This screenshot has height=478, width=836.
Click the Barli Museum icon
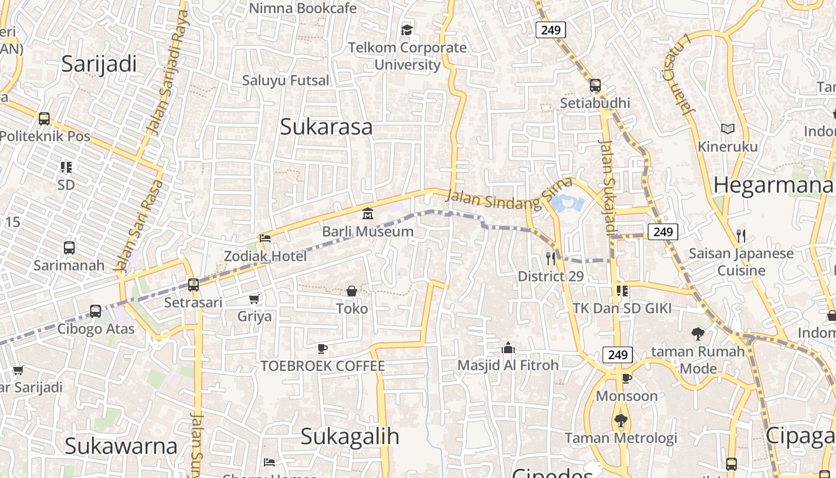point(368,214)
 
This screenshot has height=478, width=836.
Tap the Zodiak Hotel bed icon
point(265,238)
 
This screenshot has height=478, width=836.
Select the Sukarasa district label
point(326,127)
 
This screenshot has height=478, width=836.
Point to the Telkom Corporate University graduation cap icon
point(407,30)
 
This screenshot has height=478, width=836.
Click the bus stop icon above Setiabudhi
point(595,85)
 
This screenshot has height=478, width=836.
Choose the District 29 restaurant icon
point(551,259)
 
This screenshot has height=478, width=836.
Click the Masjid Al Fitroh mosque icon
point(508,348)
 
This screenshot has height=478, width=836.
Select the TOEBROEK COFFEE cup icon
point(322,348)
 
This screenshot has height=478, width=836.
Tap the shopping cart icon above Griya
point(254,299)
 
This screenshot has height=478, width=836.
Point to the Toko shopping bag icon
point(352,292)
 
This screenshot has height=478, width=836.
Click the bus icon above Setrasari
point(193,285)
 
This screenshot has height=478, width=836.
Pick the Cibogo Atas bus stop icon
point(96,311)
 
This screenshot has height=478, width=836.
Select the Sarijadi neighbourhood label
point(99,63)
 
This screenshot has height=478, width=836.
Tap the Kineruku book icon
point(727,129)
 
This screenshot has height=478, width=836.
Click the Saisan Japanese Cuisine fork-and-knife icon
point(741,236)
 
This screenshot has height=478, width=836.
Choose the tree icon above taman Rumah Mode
point(697,334)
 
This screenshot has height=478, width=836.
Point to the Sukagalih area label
point(349,436)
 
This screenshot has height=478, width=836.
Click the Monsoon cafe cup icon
point(627,379)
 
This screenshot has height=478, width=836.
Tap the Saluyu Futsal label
point(285,80)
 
